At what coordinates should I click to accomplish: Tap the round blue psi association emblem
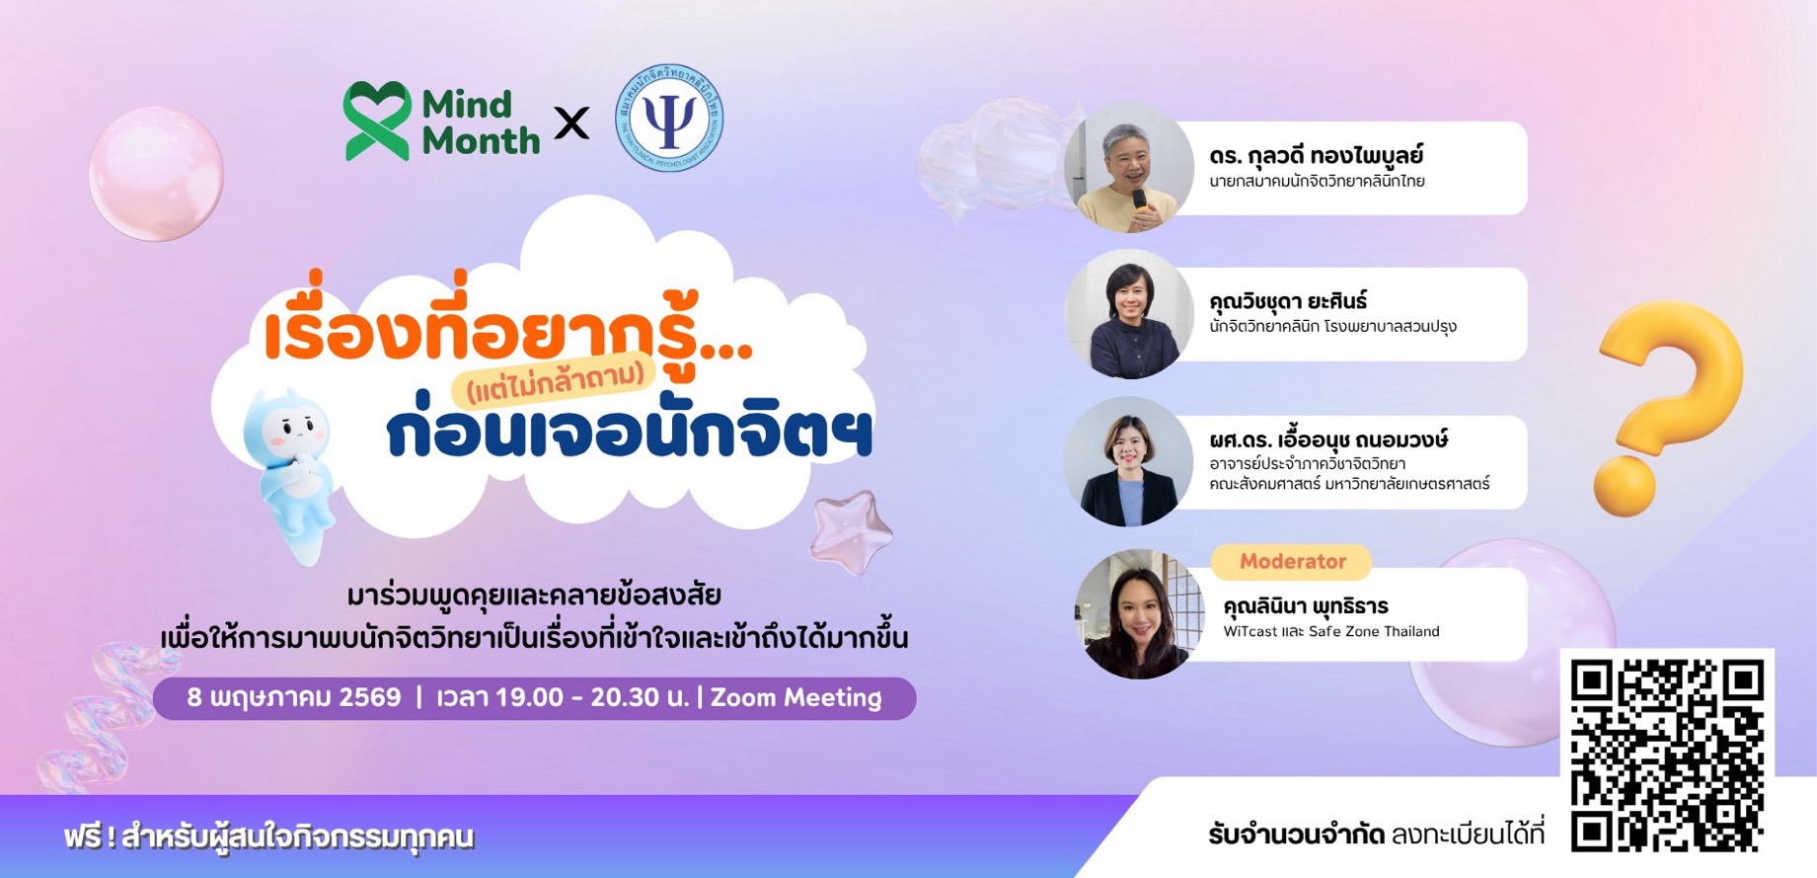[669, 118]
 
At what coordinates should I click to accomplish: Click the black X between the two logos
[571, 122]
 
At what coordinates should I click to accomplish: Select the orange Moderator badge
[1292, 561]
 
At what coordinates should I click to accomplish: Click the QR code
[1667, 755]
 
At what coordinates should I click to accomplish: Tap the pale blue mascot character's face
[293, 429]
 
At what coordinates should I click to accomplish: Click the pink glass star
[851, 531]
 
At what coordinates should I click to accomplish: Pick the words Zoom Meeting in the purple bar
[795, 697]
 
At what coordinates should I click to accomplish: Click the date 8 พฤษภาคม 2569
[294, 697]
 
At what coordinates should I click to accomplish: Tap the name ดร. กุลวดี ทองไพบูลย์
[1316, 155]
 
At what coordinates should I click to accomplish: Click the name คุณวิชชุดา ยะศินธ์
[1288, 300]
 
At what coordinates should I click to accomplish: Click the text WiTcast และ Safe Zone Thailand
[1331, 631]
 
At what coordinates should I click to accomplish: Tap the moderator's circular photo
[1138, 614]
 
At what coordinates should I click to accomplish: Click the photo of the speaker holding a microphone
[1128, 168]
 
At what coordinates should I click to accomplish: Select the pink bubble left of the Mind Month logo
[156, 173]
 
